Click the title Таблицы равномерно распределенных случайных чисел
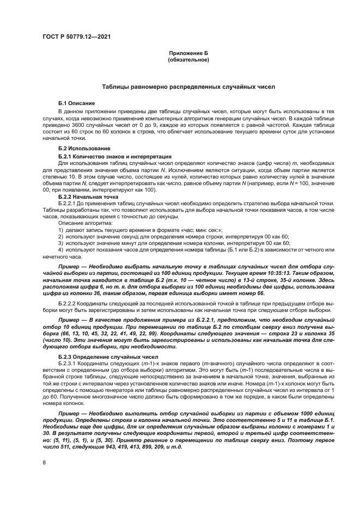coord(188,87)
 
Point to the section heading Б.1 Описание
coord(77,103)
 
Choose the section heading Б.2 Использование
coord(84,149)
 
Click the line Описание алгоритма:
coord(82,223)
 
